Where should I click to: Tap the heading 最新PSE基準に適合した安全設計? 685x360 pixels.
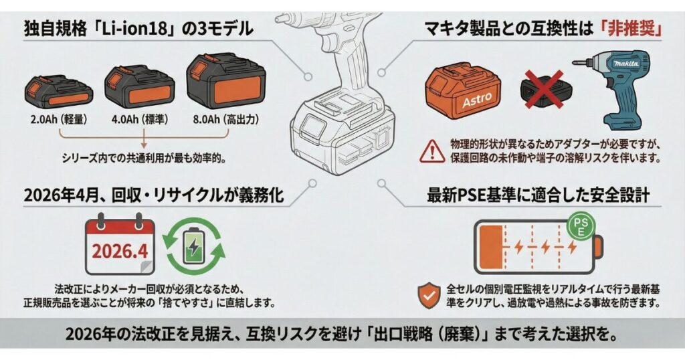[538, 196]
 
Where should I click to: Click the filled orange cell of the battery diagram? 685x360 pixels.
[494, 248]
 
